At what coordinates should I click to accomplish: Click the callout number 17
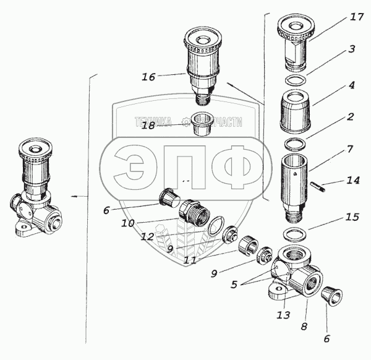pyautogui.click(x=357, y=18)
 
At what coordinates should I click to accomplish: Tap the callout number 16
pyautogui.click(x=148, y=77)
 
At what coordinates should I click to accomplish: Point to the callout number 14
pyautogui.click(x=352, y=181)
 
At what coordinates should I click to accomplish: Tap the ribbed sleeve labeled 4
pyautogui.click(x=296, y=111)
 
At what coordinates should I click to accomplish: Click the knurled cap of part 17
pyautogui.click(x=298, y=25)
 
